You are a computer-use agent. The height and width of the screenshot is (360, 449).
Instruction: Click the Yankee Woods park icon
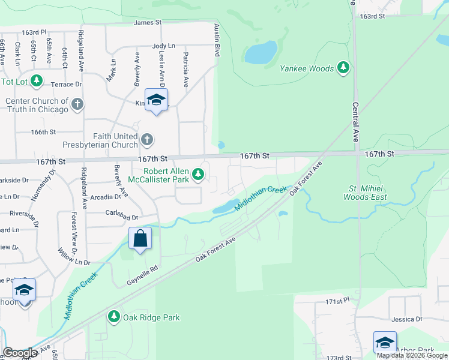[x=343, y=68]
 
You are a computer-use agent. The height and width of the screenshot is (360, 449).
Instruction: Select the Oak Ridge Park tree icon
[x=114, y=317]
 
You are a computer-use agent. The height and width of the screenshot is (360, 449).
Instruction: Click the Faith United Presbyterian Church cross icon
[x=147, y=140]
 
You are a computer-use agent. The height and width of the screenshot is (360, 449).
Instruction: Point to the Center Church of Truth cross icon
[x=77, y=105]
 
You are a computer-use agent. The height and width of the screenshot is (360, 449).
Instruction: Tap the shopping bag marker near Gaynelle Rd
[x=140, y=239]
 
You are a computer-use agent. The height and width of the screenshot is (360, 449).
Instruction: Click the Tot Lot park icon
[x=37, y=81]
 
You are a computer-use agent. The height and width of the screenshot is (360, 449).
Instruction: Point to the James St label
[x=148, y=22]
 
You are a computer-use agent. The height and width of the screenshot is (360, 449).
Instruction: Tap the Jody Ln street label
[x=163, y=46]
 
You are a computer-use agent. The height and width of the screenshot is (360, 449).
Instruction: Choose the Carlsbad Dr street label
[x=122, y=218]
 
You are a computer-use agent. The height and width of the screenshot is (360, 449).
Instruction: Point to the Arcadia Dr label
[x=106, y=197]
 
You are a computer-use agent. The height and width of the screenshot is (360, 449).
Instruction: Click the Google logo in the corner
[x=20, y=353]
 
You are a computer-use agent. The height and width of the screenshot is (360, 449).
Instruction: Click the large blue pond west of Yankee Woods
[x=261, y=53]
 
